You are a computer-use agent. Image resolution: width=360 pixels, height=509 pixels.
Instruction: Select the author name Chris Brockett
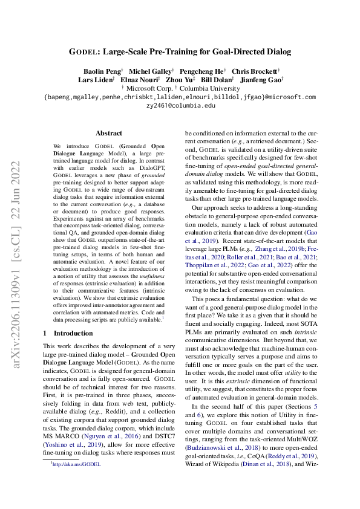click(x=255, y=71)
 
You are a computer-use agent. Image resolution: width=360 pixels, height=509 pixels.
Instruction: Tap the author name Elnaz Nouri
click(x=140, y=79)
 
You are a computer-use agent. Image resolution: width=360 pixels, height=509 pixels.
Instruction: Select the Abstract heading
click(x=108, y=133)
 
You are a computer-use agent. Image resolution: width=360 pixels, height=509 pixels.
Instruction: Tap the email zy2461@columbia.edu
click(x=180, y=105)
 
